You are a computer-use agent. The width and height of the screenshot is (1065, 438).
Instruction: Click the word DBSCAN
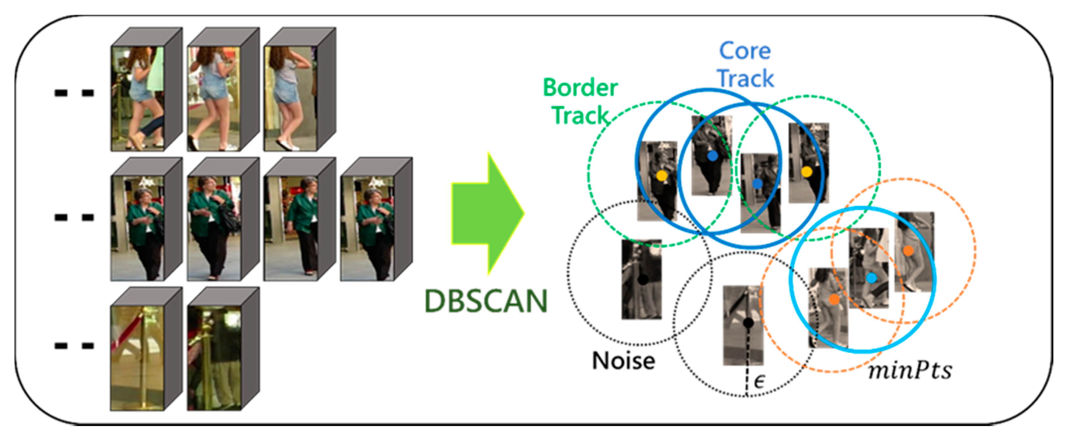point(486,301)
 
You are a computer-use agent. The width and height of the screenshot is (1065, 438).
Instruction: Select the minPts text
point(910,371)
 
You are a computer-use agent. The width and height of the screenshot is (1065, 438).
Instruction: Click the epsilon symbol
point(759,381)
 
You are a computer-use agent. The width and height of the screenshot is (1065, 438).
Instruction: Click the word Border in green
point(580,88)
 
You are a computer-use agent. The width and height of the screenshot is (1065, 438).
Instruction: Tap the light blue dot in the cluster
point(871,278)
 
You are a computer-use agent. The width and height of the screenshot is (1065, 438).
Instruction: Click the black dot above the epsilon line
point(748,322)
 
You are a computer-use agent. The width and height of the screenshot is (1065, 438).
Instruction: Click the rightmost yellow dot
point(806,172)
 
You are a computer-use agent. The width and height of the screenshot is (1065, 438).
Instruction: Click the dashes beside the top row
point(74,93)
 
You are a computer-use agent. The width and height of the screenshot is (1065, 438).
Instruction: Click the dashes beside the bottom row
point(74,345)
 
